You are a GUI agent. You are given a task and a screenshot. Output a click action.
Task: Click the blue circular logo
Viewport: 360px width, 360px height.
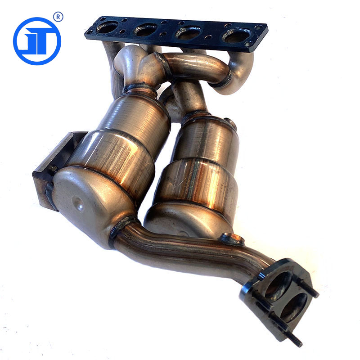coord(37,41)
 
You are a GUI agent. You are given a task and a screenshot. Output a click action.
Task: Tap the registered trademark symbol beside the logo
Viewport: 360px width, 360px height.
coord(58,17)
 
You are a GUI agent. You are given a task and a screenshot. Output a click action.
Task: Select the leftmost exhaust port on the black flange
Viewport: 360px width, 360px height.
coord(107,27)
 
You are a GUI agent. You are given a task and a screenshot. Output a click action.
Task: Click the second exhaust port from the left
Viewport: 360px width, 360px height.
coord(145,30)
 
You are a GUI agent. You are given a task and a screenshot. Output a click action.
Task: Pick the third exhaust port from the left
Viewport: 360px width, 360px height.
coord(188,33)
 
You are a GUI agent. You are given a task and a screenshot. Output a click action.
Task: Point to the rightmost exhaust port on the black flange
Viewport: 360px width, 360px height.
coord(236,36)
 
